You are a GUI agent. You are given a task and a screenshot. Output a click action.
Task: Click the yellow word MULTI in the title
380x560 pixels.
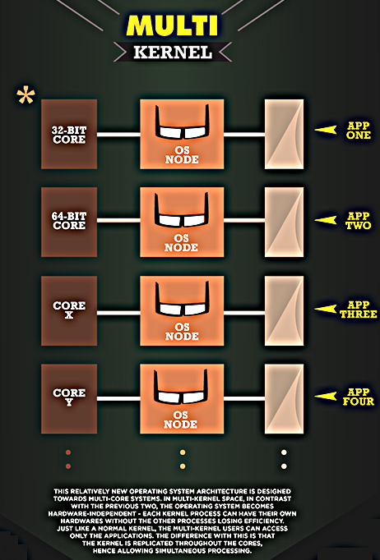click(x=172, y=25)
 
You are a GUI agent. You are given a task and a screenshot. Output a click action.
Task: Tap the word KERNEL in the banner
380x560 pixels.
click(x=173, y=53)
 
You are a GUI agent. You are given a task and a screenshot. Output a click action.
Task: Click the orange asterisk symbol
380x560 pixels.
click(x=26, y=95)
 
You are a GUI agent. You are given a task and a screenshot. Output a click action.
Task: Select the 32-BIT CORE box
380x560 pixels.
click(x=69, y=134)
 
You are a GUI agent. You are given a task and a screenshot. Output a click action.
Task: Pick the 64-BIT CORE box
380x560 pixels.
click(x=69, y=222)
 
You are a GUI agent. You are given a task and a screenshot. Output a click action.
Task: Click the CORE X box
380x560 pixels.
click(x=69, y=310)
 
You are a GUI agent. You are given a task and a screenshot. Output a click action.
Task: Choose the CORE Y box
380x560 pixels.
click(x=69, y=398)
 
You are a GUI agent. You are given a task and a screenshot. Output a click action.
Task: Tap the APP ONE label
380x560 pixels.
click(x=359, y=131)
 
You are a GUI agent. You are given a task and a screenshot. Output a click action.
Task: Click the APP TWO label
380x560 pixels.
click(x=358, y=220)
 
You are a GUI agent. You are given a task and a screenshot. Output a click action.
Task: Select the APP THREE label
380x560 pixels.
click(x=358, y=310)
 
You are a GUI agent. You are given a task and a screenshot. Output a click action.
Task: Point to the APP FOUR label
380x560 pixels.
click(x=358, y=397)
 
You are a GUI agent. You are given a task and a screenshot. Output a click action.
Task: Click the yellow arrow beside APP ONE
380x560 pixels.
click(x=326, y=130)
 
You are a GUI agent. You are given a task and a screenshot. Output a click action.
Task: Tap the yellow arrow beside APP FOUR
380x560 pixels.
click(x=326, y=396)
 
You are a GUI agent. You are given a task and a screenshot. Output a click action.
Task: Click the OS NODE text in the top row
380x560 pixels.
click(x=182, y=154)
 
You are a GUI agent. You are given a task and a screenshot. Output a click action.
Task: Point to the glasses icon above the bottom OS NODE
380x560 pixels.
click(x=181, y=387)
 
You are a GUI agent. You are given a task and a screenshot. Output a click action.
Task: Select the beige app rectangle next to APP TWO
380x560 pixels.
click(x=284, y=222)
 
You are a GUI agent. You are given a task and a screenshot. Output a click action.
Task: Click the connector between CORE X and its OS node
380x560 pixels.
click(x=118, y=313)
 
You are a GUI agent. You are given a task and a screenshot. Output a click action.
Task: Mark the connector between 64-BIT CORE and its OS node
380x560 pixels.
click(x=118, y=220)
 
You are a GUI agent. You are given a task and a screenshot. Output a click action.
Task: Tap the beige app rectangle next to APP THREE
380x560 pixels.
click(x=284, y=310)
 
